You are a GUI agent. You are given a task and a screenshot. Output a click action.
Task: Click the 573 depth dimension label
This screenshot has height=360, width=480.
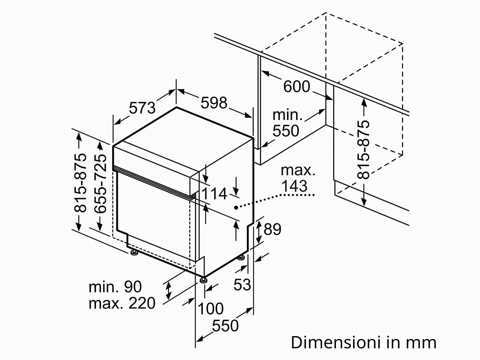click(142, 108)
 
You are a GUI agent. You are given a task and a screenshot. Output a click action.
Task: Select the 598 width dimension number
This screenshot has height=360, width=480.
click(214, 103)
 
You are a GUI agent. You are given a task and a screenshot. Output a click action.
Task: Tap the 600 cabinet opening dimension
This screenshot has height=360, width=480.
click(296, 86)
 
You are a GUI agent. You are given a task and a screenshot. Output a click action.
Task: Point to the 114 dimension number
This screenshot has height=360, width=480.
click(214, 194)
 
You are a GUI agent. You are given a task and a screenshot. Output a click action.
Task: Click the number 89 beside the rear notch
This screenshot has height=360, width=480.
click(272, 229)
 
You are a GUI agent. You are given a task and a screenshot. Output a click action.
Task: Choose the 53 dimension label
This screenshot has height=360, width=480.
click(242, 285)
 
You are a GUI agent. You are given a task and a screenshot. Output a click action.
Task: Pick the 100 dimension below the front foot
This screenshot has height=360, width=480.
click(210, 309)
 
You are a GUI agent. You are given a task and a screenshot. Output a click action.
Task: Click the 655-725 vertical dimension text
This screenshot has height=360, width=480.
click(100, 184)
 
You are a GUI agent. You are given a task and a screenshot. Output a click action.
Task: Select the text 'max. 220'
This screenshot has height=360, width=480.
click(122, 303)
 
